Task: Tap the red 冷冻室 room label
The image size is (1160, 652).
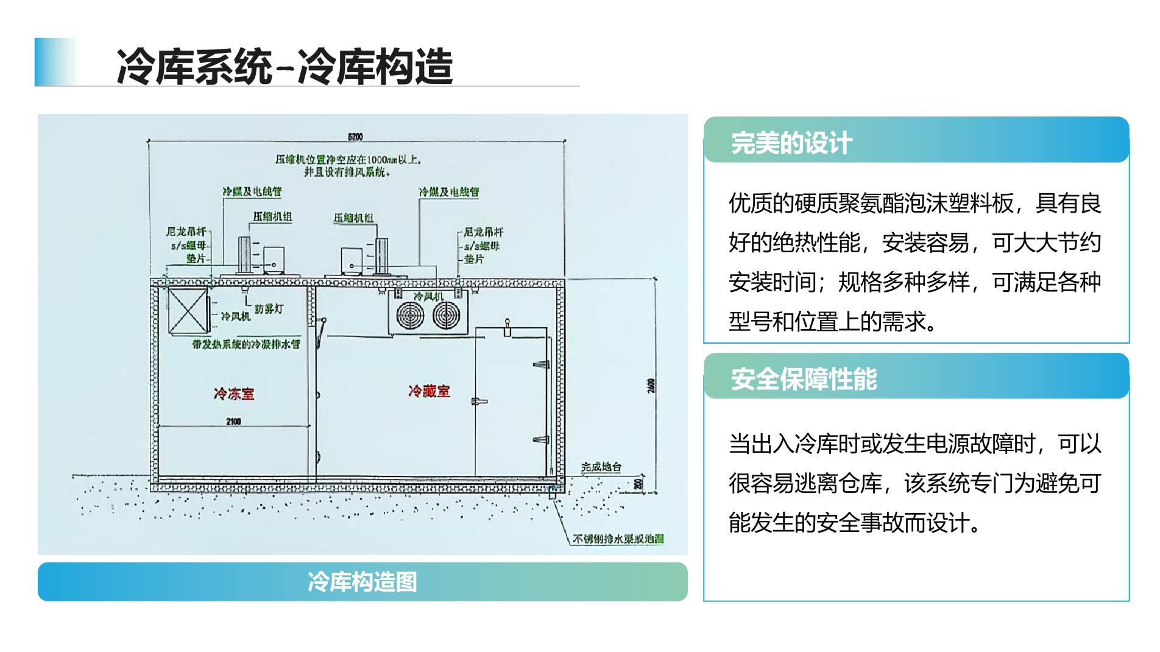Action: tap(234, 394)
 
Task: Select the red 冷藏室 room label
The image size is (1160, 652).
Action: tap(429, 391)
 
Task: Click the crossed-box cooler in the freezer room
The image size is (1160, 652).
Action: tap(188, 311)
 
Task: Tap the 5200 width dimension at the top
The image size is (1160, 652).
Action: tap(355, 136)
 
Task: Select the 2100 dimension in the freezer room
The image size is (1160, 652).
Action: tap(233, 421)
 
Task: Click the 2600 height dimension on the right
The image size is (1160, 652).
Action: tap(651, 386)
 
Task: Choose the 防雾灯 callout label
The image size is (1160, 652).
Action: tap(269, 309)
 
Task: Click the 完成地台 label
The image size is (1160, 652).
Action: tap(601, 467)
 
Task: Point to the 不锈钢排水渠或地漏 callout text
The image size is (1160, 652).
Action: tap(618, 539)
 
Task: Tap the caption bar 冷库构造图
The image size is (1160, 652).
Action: tap(362, 582)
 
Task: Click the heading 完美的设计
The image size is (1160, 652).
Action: tap(791, 143)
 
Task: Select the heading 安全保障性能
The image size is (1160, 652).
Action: tap(804, 379)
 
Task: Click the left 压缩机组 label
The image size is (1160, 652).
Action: tap(272, 216)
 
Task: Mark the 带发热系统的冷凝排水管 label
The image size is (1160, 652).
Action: tap(246, 344)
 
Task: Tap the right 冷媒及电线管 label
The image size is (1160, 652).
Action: tap(448, 192)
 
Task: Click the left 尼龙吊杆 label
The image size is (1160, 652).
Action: tap(186, 232)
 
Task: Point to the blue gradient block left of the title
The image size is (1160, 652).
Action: tap(56, 62)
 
